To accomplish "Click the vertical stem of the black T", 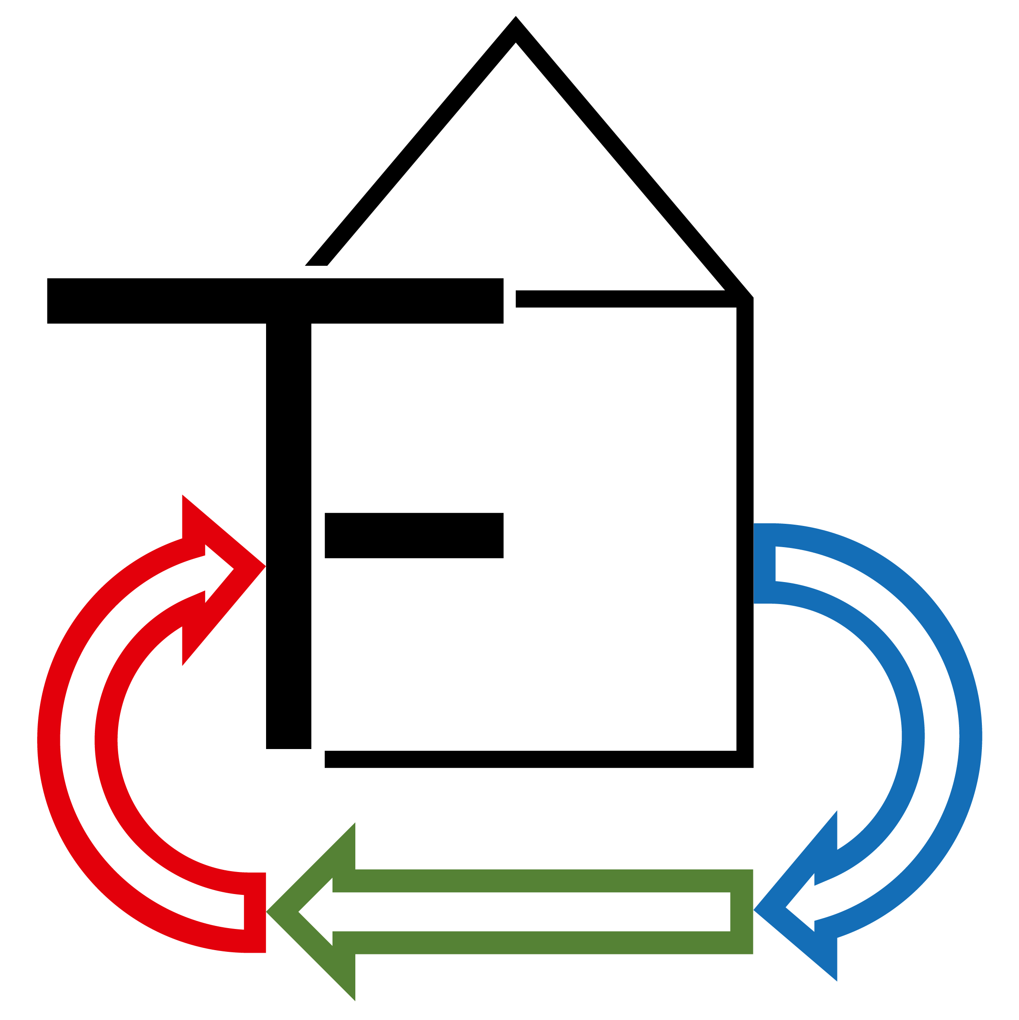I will [x=288, y=528].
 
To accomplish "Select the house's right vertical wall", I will [x=745, y=528].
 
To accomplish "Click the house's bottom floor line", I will [x=528, y=759].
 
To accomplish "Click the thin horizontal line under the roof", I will [x=623, y=299].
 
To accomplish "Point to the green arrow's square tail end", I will [x=741, y=912].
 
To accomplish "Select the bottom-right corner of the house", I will [x=745, y=759].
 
